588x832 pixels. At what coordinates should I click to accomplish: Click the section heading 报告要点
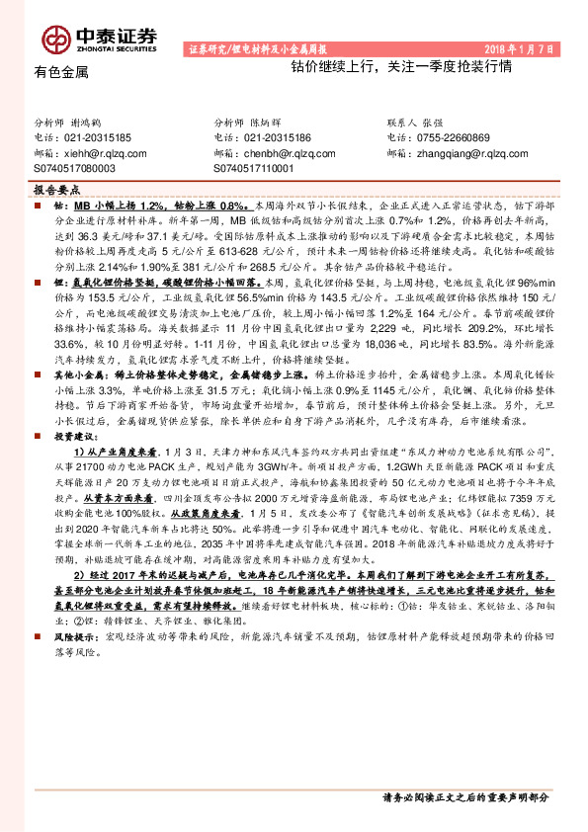(x=55, y=188)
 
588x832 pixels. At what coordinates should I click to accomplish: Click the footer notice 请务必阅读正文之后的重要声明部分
(x=464, y=796)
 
